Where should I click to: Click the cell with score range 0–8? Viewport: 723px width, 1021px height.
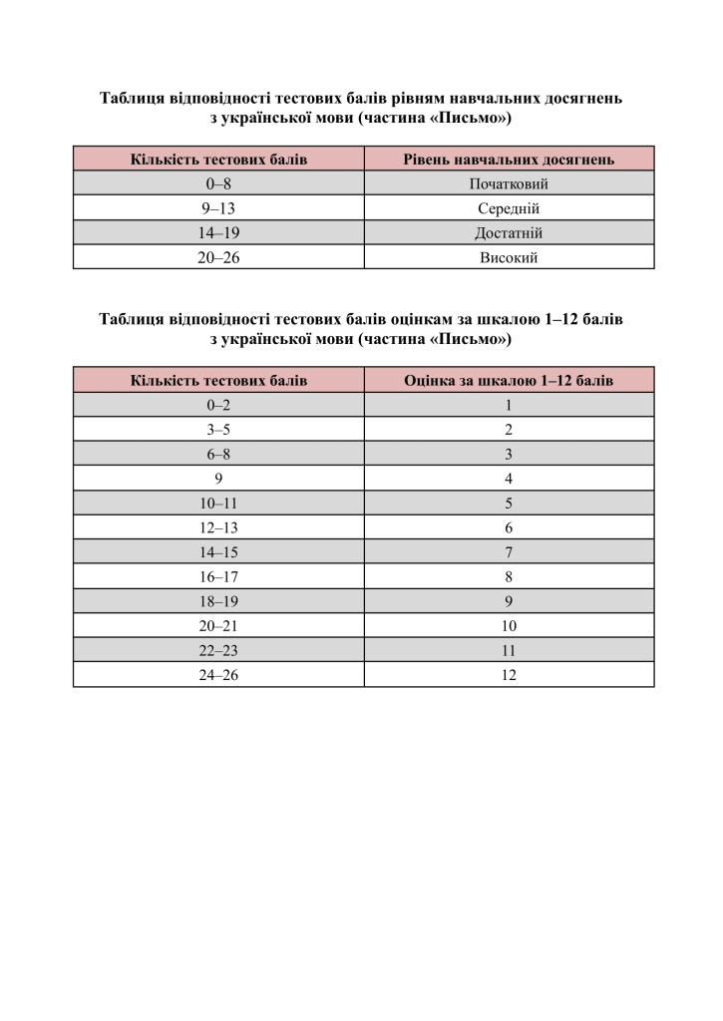tap(218, 183)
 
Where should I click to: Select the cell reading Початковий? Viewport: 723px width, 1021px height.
tap(509, 183)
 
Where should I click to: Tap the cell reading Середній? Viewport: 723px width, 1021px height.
tap(509, 208)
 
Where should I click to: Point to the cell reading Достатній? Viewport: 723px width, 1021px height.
tap(509, 233)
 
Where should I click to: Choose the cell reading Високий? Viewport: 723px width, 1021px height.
tap(509, 257)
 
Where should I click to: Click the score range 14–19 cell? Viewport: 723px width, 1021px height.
tap(218, 233)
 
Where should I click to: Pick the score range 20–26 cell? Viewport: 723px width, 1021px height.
tap(218, 257)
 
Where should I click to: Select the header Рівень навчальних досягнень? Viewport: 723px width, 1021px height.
tap(509, 159)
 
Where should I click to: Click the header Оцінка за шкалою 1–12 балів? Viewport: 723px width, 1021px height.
tap(509, 380)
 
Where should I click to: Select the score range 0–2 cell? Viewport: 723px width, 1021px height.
tap(218, 405)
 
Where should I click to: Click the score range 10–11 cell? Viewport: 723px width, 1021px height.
tap(218, 503)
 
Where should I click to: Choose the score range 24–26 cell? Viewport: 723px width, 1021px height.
tap(218, 674)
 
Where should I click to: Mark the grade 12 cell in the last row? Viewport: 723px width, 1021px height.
tap(509, 674)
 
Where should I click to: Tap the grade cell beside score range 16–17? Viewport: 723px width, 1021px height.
tap(509, 576)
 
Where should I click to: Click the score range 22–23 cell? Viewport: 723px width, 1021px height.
tap(218, 650)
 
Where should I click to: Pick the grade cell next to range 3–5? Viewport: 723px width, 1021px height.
tap(509, 429)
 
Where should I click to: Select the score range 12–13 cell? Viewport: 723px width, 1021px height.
tap(218, 527)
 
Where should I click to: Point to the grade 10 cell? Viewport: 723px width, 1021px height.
tap(509, 625)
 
